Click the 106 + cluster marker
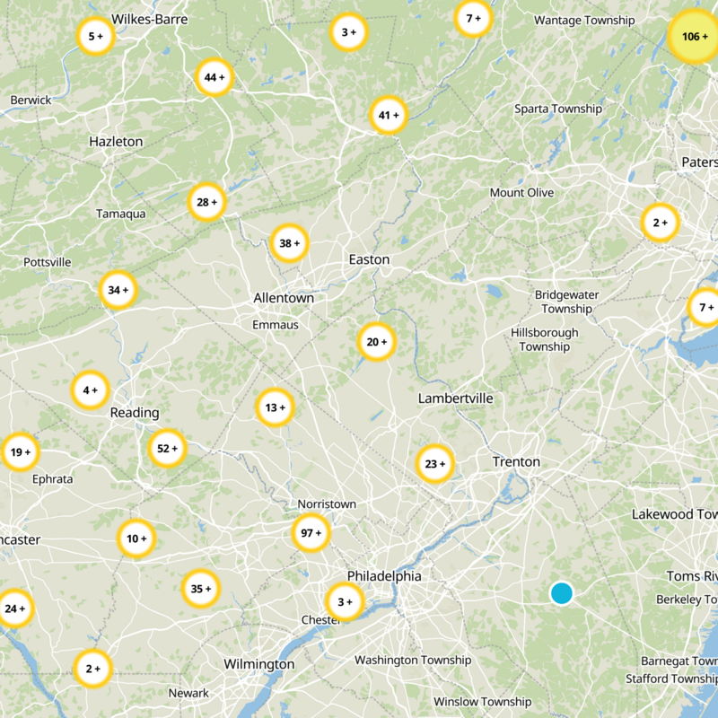694,37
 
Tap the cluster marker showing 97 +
311,533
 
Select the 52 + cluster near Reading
168,449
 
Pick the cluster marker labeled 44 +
215,77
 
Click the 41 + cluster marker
389,116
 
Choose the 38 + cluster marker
290,243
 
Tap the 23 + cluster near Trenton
435,464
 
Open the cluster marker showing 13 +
275,407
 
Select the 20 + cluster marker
377,342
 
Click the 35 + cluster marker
201,589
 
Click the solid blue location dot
562,593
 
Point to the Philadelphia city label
384,576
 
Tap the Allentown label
284,298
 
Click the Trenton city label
516,461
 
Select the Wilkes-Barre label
150,19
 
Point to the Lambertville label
455,398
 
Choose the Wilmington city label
258,664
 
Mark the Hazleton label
116,142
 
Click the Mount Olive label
521,193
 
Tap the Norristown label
327,504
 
